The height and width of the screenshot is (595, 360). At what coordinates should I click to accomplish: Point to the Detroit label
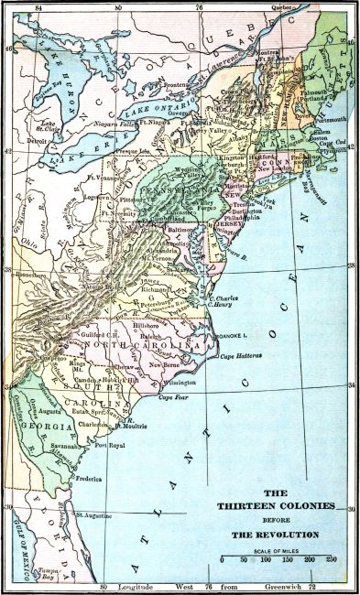pos(37,142)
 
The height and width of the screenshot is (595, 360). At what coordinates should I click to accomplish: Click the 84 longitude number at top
pos(37,7)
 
